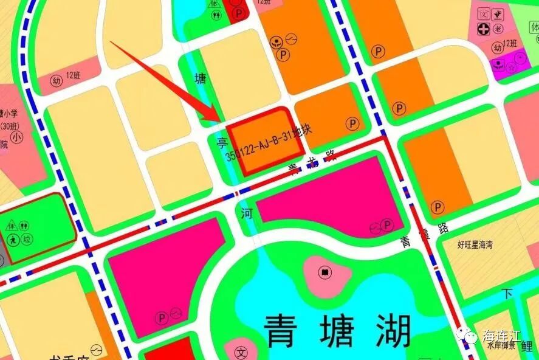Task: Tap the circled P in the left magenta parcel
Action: [162, 317]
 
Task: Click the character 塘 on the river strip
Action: [200, 79]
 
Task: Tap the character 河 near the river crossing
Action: [246, 213]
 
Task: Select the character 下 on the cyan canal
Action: [507, 294]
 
